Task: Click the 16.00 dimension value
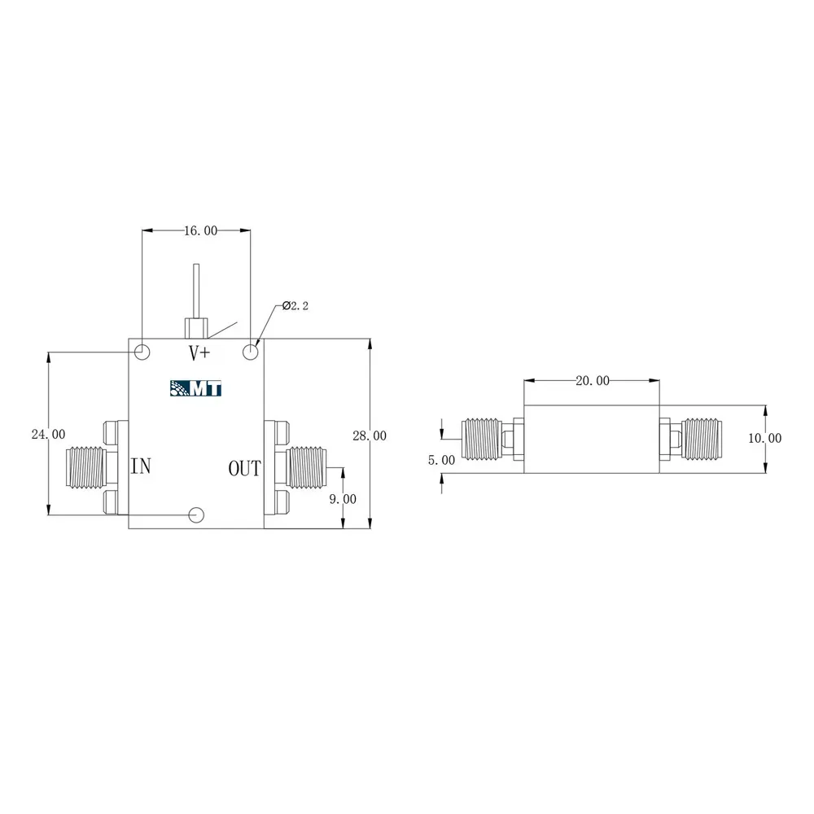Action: (201, 230)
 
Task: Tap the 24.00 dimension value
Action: (48, 434)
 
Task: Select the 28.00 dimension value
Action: (370, 435)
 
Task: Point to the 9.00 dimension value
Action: (343, 499)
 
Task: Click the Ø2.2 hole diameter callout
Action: (295, 306)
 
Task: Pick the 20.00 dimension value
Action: (593, 380)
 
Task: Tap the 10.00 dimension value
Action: (764, 438)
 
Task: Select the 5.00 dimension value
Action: (441, 460)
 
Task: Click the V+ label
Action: (199, 353)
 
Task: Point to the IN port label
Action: (141, 466)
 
